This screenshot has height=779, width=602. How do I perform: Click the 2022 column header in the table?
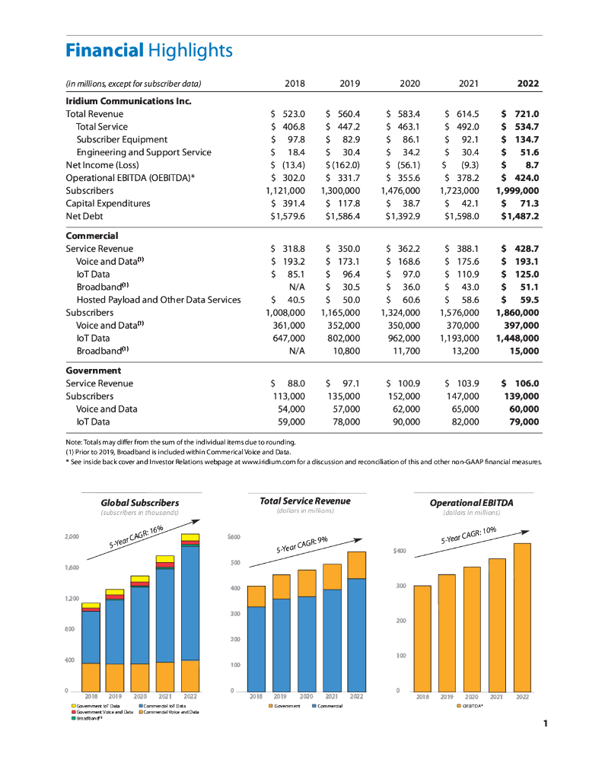(528, 84)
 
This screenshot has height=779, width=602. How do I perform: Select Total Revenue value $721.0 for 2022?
(521, 114)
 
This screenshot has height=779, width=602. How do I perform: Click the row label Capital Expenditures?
(108, 204)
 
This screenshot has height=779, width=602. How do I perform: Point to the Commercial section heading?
(92, 236)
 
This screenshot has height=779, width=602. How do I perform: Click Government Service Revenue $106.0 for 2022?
(521, 383)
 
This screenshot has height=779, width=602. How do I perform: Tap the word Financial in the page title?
(104, 51)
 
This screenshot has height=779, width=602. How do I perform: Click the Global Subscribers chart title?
(140, 503)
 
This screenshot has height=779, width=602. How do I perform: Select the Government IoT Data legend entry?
(96, 706)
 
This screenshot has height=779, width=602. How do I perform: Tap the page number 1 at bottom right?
(546, 723)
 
